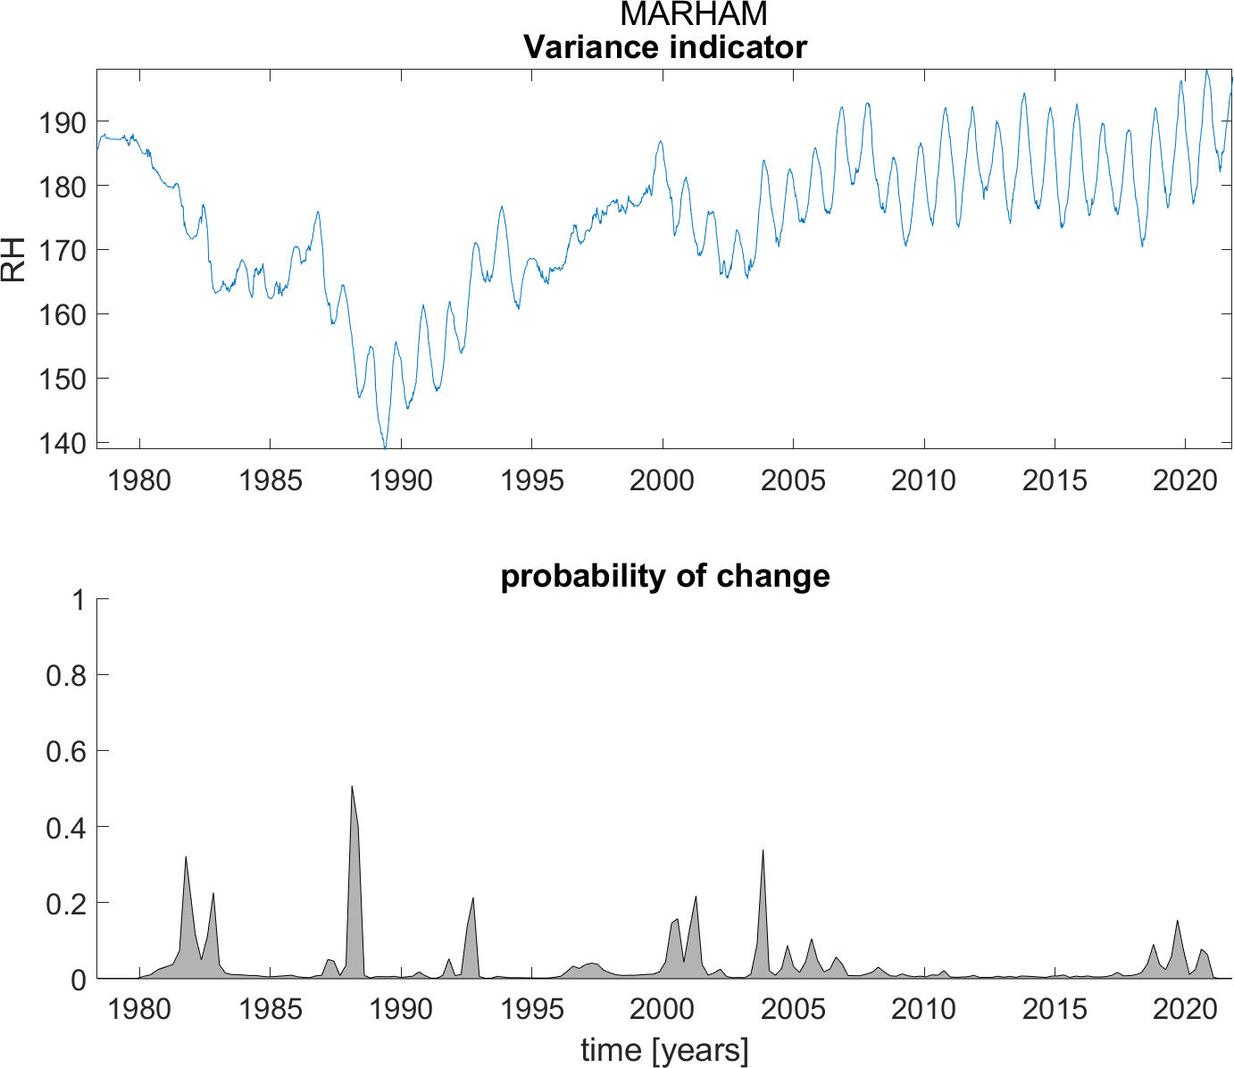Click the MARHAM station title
pos(693,14)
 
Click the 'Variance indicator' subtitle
pos(664,46)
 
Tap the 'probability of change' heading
pos(664,576)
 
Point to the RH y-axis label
pos(14,260)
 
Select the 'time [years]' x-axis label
pos(664,1050)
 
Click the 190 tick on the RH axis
pos(61,121)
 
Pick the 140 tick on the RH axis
pos(61,443)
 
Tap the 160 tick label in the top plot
pos(61,314)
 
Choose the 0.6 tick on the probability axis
pos(67,752)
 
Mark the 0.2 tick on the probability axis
pos(67,904)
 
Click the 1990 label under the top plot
pos(400,480)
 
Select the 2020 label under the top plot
pos(1185,480)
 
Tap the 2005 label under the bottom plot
pos(793,1009)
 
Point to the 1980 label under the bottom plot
pos(138,1009)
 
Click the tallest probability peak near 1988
pos(352,787)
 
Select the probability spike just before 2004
pos(763,850)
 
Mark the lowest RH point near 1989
pos(385,447)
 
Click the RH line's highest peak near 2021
pos(1206,71)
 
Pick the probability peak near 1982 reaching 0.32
pos(186,857)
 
